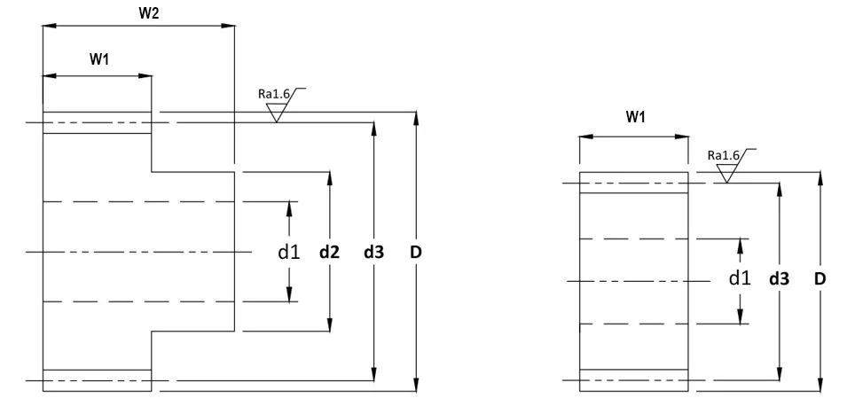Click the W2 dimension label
pos(149,13)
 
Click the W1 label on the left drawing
pos(99,59)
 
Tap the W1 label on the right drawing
pos(635,116)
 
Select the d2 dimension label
pos(329,253)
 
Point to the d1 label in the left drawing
pos(289,252)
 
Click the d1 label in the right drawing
pos(740,278)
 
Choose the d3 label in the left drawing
pos(374,253)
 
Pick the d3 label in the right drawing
pos(780,279)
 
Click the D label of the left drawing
pos(416,253)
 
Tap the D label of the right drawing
pos(820,279)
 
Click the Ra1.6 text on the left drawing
pos(274,94)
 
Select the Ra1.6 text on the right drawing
pos(724,155)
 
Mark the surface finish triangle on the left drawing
pos(277,113)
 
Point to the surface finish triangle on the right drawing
pos(726,175)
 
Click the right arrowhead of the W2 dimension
pos(229,25)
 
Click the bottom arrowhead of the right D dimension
pos(820,384)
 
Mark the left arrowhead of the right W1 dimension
pos(586,137)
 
